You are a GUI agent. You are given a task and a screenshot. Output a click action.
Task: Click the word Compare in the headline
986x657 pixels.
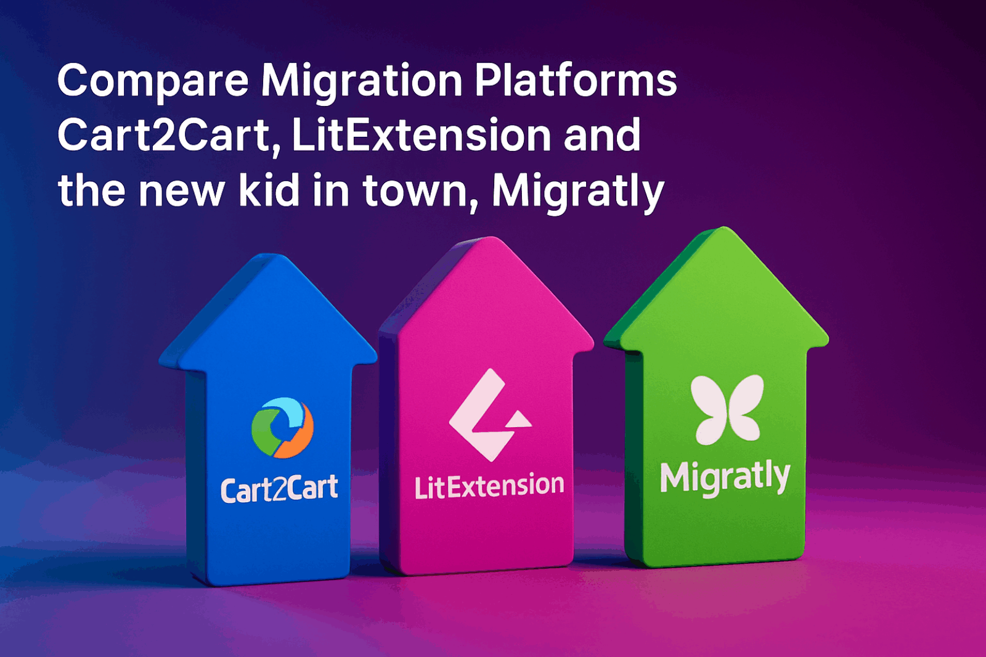pos(152,81)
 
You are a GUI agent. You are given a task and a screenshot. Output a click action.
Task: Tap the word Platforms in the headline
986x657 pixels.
pos(576,80)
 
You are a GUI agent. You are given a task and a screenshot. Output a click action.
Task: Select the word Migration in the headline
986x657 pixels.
pos(361,81)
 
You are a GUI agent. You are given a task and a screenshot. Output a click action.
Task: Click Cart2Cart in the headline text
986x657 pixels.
pos(165,136)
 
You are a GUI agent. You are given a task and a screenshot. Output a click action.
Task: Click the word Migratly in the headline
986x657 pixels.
pos(578,191)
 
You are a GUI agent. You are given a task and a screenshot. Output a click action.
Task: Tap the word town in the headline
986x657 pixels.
pos(415,191)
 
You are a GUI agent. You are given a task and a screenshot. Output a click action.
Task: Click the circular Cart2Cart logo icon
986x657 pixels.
pos(282,427)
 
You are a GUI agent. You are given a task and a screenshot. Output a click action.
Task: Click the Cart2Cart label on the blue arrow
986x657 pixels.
pos(279,489)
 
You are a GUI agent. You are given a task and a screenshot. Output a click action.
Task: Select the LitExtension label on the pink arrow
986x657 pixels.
pos(489,486)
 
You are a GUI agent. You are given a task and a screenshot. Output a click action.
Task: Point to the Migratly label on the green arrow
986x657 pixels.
pos(725,477)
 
